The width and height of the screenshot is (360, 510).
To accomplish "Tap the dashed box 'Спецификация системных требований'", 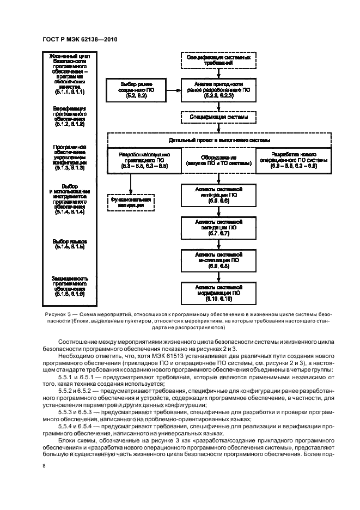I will [218, 60].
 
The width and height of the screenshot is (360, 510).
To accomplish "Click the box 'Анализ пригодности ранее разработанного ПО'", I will [218, 88].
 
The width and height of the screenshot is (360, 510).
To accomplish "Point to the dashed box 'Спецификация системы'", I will [218, 117].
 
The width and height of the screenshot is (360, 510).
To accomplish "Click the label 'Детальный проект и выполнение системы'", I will [218, 140].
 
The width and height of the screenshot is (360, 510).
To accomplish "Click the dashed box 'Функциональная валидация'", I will [130, 202].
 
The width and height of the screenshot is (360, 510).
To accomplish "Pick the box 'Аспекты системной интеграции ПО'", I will [218, 194].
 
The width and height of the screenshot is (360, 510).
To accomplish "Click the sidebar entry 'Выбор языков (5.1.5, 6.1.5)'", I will [69, 244].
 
